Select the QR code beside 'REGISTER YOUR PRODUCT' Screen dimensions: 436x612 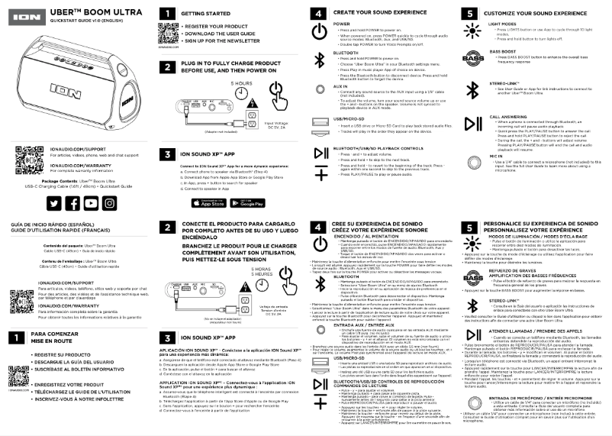coord(168,36)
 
